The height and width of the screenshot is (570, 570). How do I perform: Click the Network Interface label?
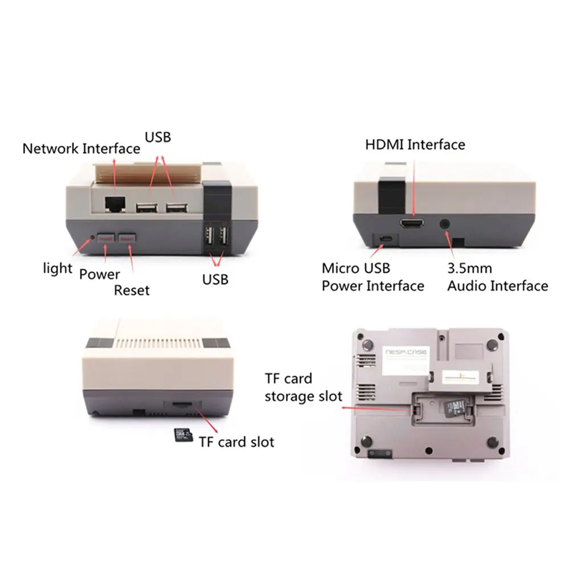(81, 149)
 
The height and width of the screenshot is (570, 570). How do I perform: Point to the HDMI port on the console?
(412, 224)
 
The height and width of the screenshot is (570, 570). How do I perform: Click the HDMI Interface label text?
(415, 145)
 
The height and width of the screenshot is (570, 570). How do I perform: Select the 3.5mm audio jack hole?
(444, 224)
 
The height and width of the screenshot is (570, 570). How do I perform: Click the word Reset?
(132, 290)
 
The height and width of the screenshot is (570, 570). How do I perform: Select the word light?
(58, 268)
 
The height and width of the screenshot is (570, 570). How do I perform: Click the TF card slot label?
(236, 441)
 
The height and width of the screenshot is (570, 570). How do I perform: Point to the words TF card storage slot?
(303, 387)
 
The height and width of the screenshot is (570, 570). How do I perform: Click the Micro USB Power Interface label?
(372, 277)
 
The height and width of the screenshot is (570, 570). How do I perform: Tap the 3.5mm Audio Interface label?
(497, 277)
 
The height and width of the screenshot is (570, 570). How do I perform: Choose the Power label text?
(100, 274)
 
